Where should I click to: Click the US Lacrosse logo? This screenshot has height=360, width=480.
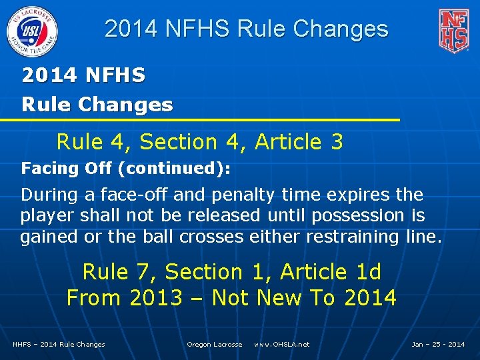point(32,31)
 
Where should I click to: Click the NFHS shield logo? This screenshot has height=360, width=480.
point(453,31)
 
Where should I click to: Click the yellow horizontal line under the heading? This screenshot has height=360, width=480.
point(200,119)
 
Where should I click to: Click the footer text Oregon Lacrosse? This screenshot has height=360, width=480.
point(215,344)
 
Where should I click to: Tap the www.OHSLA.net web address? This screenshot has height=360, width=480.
point(282,344)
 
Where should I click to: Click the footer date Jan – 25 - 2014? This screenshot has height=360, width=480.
point(438,344)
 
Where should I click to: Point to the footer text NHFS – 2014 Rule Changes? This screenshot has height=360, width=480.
point(59,344)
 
